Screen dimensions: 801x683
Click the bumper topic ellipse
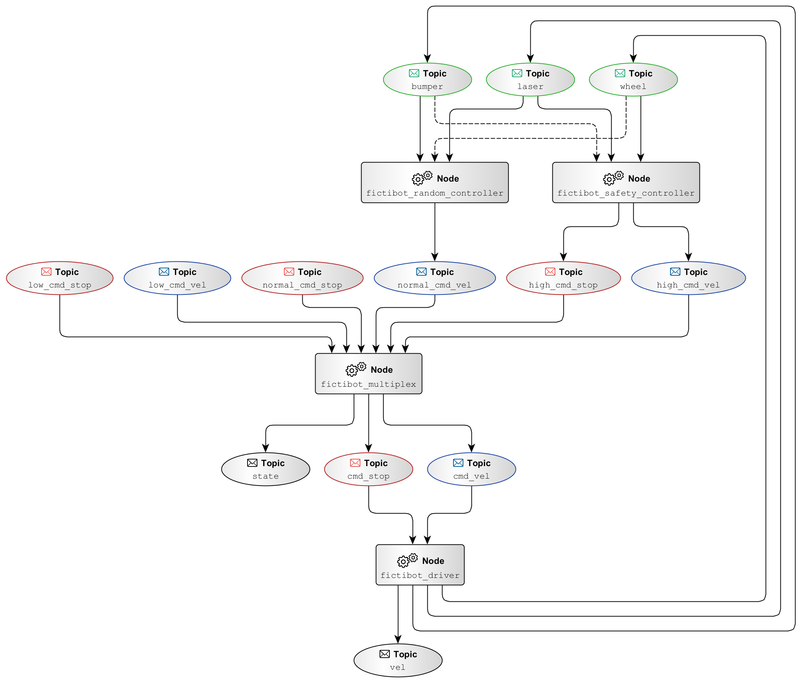click(x=427, y=79)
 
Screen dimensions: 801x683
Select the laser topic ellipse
click(x=530, y=79)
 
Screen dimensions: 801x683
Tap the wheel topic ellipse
click(x=633, y=79)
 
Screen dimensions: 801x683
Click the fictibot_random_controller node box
click(x=435, y=182)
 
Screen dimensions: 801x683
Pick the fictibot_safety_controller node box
click(x=626, y=182)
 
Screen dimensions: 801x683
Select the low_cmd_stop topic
click(x=60, y=278)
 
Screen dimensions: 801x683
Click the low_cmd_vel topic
click(x=177, y=278)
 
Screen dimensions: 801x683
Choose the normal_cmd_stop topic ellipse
click(x=302, y=278)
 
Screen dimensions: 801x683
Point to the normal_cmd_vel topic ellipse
click(x=435, y=278)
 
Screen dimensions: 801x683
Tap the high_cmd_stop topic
click(x=563, y=278)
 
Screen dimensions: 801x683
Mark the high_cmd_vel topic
click(x=688, y=278)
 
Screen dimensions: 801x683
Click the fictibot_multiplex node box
click(x=369, y=373)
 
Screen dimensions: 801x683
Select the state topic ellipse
click(x=266, y=469)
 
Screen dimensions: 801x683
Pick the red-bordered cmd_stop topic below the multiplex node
click(x=369, y=469)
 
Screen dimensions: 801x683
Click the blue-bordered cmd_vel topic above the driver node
click(x=471, y=469)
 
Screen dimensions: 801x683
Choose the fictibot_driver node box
click(x=420, y=565)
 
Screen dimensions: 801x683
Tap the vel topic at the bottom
click(x=398, y=660)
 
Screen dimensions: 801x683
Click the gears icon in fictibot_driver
click(x=407, y=560)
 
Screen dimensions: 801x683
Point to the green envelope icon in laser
click(x=517, y=73)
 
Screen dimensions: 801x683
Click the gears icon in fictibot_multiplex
click(x=356, y=369)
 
